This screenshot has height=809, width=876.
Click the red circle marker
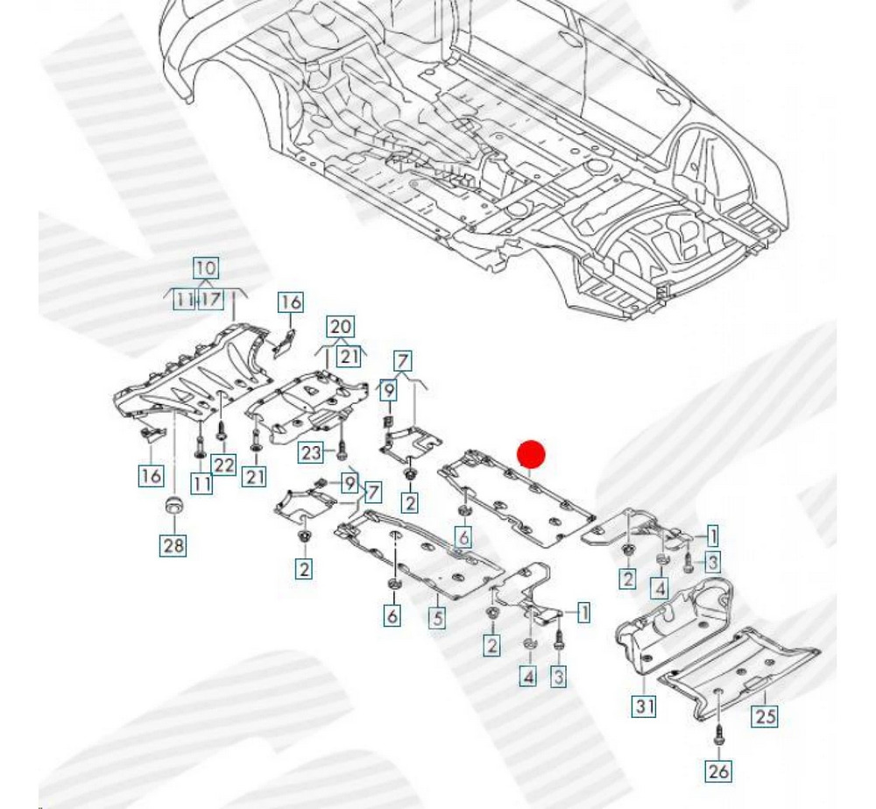point(531,454)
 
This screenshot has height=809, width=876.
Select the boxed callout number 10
point(205,268)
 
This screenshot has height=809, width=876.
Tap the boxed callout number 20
point(342,327)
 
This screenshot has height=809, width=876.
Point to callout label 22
point(224,464)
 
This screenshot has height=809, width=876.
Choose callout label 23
point(312,452)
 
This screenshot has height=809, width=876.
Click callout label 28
point(173,545)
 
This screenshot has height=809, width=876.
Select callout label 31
point(644,705)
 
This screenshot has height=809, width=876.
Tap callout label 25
point(766,716)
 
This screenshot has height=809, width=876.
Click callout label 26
point(718,770)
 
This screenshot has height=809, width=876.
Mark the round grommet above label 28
point(173,506)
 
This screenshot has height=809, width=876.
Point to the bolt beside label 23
point(340,451)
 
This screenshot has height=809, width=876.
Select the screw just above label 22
point(221,429)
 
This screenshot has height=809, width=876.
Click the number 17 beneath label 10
point(211,300)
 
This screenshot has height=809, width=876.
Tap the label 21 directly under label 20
point(350,356)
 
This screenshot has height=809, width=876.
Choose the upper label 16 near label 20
point(291,302)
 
